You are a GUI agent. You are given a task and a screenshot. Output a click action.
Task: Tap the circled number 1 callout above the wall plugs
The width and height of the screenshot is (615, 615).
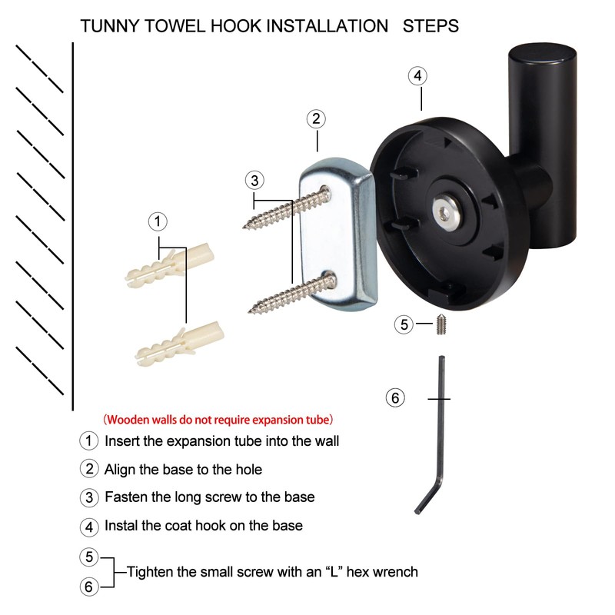point(157,222)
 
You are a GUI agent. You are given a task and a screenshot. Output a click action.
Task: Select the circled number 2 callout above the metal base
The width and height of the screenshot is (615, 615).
point(315,119)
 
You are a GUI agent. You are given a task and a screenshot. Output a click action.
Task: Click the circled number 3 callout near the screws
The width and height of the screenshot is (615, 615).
point(255,180)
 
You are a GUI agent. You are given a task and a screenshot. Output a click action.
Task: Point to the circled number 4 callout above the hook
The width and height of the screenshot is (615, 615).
point(416,76)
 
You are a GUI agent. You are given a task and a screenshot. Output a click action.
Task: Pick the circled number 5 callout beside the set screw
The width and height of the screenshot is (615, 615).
point(405,324)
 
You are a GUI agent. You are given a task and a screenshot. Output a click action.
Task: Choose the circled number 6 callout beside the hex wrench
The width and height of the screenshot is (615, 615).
point(394,398)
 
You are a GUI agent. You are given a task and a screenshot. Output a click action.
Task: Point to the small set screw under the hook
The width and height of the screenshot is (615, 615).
point(443,324)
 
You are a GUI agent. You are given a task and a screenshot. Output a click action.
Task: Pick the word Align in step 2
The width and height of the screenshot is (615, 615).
point(121,469)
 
